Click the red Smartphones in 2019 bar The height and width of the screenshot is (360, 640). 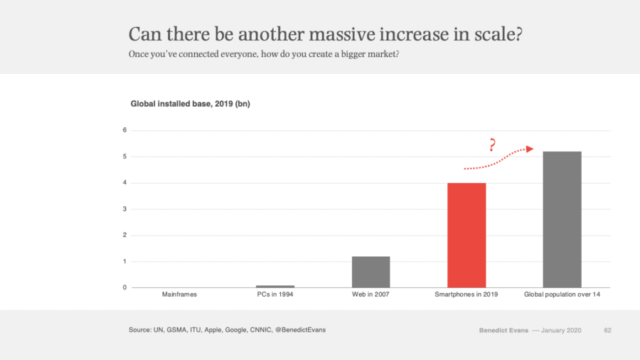(x=466, y=235)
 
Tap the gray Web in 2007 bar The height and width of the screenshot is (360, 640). (x=370, y=272)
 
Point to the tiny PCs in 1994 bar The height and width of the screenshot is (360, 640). (x=275, y=286)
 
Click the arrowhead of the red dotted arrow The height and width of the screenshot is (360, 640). (x=529, y=149)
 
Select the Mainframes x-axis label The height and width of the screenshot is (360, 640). (x=179, y=295)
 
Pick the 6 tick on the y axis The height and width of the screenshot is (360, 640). (x=124, y=130)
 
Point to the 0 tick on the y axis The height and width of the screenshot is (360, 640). (x=124, y=287)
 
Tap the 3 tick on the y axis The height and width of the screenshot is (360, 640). (x=124, y=209)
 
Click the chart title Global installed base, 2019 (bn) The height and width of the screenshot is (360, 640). (x=190, y=104)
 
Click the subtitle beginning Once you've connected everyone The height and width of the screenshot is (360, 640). (x=263, y=55)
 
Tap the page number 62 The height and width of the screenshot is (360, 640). (x=608, y=330)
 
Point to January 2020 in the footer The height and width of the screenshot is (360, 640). (x=562, y=330)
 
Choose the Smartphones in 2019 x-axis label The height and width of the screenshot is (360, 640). (x=466, y=295)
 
